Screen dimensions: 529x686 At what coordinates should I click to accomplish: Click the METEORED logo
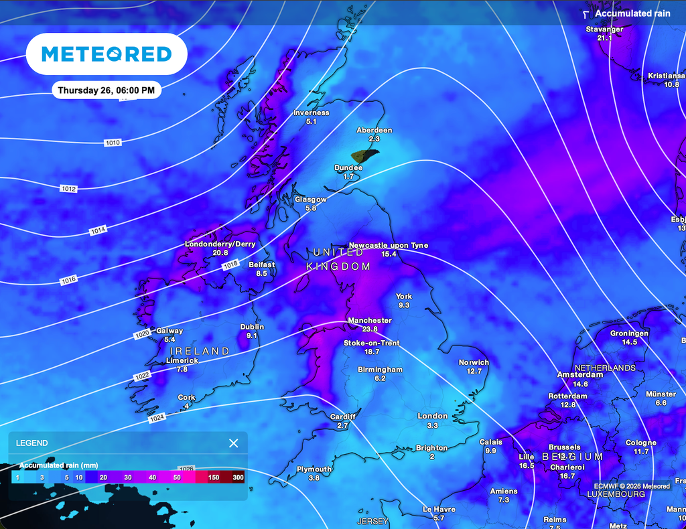106,54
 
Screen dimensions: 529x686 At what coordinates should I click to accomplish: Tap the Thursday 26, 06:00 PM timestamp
106,90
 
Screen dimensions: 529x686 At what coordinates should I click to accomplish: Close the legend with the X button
233,443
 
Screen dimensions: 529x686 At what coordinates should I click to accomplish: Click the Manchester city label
369,321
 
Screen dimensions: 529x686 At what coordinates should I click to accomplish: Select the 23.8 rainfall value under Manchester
369,329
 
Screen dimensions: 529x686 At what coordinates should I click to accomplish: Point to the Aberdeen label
374,130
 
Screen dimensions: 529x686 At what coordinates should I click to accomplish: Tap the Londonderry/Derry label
220,244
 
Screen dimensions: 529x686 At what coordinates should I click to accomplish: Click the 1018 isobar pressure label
230,266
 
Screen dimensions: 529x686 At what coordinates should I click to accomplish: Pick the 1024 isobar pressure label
156,417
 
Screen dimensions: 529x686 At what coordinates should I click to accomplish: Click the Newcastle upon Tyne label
388,246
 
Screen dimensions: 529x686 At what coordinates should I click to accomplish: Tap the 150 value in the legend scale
214,477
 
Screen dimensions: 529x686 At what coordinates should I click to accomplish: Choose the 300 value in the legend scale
238,477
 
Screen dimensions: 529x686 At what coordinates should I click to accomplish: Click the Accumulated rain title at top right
623,13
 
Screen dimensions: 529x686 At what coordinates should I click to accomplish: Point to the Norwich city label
474,362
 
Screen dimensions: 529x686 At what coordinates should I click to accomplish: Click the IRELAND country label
200,351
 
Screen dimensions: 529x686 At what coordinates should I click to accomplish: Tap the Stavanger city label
604,29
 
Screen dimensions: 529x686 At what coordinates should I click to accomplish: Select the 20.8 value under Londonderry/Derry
220,253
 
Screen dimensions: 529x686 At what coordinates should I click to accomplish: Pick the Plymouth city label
314,469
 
